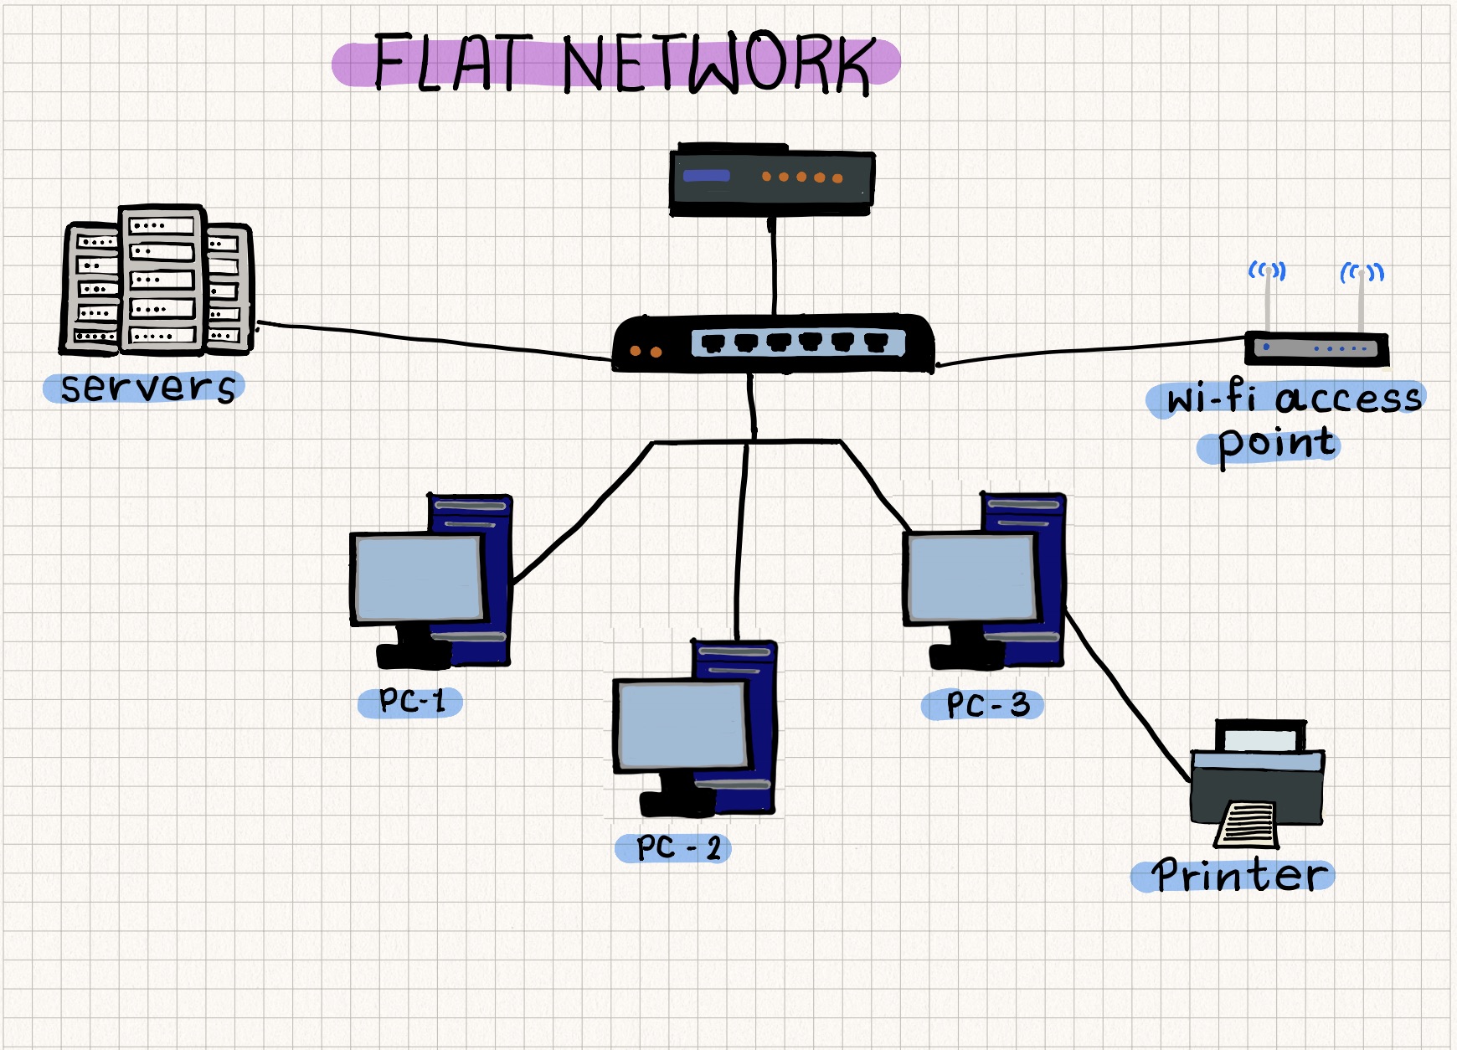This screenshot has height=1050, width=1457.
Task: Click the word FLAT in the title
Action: (452, 62)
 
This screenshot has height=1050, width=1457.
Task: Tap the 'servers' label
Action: (147, 387)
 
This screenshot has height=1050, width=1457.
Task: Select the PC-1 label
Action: (410, 702)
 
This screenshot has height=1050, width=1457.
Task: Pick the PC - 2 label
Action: (674, 848)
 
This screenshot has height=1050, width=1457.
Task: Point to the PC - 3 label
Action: (985, 705)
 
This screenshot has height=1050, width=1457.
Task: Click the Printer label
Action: (1238, 876)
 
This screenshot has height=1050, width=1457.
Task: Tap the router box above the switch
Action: (771, 180)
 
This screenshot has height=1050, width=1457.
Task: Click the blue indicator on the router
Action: (706, 176)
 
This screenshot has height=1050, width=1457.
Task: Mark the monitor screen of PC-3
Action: (971, 577)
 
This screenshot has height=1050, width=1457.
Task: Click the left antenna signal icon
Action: (1266, 270)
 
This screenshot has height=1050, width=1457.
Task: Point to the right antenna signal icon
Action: (1362, 272)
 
